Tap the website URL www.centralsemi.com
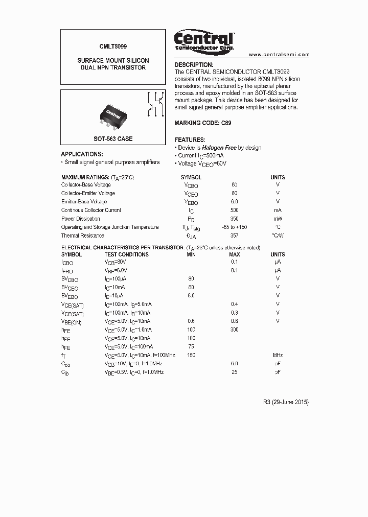click(279, 54)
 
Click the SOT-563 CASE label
click(113, 139)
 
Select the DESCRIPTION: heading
click(194, 65)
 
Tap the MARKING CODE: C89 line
click(202, 123)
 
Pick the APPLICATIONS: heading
click(82, 154)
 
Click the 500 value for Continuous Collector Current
click(235, 210)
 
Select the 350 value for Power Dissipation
click(235, 219)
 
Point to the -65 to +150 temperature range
click(235, 227)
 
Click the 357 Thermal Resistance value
click(235, 236)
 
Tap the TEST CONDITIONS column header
click(126, 254)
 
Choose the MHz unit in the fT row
click(278, 355)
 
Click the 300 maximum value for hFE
click(235, 330)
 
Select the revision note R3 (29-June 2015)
click(283, 402)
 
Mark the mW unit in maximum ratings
click(278, 219)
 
